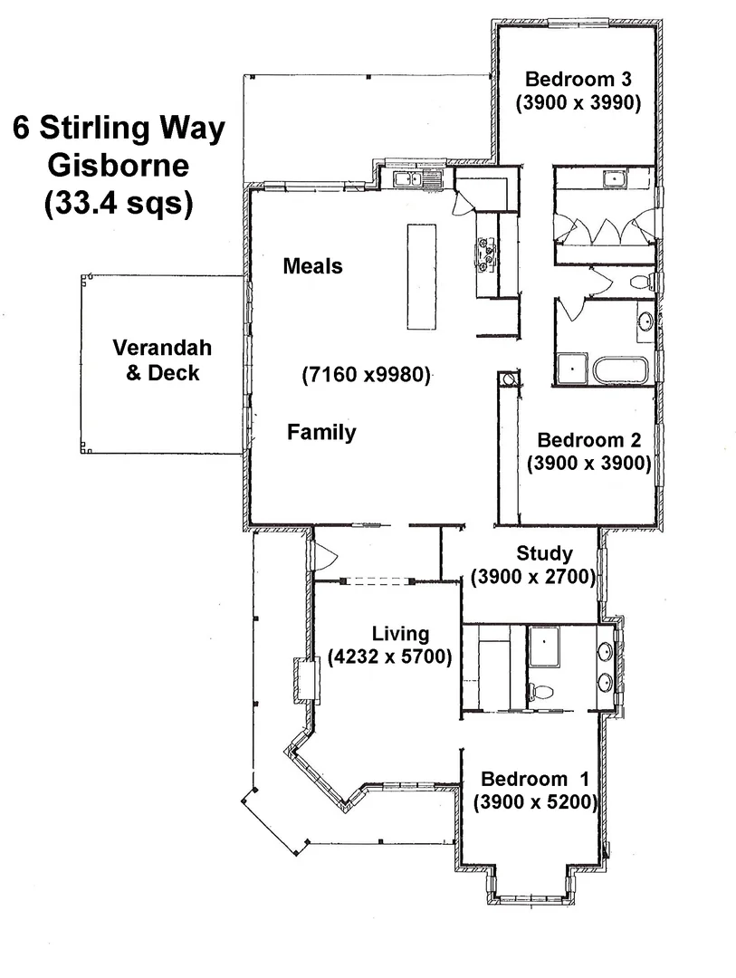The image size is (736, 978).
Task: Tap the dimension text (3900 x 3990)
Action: [x=578, y=102]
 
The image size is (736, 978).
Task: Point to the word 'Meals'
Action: [x=313, y=266]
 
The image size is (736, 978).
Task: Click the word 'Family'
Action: [x=321, y=433]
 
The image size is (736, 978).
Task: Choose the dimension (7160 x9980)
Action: [x=366, y=374]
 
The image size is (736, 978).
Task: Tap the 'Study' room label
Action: [x=544, y=553]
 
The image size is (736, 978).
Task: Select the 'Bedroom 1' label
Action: [x=535, y=779]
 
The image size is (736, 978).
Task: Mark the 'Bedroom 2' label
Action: [x=589, y=441]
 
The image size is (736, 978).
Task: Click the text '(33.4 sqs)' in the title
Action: [x=119, y=204]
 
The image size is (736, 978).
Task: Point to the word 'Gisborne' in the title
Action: [x=119, y=166]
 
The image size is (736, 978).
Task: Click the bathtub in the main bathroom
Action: [x=620, y=370]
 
